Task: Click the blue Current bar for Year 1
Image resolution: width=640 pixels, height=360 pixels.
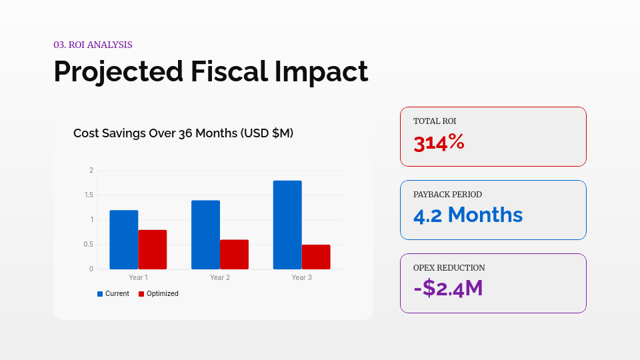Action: tap(124, 240)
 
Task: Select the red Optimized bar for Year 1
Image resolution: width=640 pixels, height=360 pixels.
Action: tap(153, 249)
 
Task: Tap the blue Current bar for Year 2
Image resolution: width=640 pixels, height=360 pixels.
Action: tap(205, 235)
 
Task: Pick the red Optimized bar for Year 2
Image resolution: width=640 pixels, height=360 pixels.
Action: tap(234, 255)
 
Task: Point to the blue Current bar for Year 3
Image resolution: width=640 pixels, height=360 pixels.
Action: tap(287, 225)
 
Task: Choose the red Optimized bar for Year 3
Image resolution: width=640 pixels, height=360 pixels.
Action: tap(316, 257)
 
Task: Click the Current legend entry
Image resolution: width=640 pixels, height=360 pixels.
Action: tap(113, 293)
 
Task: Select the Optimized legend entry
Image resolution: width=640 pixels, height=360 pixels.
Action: tap(159, 293)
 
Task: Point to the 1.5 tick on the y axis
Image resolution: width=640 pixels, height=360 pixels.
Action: tap(89, 195)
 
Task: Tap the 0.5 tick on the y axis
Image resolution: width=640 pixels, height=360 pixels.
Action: tap(89, 245)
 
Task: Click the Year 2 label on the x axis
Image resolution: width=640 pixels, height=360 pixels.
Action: tap(220, 277)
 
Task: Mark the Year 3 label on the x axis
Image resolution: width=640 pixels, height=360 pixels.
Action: tap(301, 277)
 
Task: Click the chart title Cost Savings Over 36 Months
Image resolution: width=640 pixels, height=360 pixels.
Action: tap(183, 133)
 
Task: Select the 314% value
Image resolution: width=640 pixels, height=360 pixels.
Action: tap(439, 143)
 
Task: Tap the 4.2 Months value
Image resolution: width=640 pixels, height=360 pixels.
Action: tap(468, 215)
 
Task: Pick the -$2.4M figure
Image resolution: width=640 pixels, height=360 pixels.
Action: tap(448, 288)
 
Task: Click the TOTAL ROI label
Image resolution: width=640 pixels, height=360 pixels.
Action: tap(435, 121)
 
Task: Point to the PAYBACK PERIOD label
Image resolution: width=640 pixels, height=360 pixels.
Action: tap(447, 195)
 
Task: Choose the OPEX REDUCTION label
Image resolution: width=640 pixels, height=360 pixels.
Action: tap(449, 268)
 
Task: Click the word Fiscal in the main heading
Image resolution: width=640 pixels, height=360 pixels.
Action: tap(230, 71)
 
